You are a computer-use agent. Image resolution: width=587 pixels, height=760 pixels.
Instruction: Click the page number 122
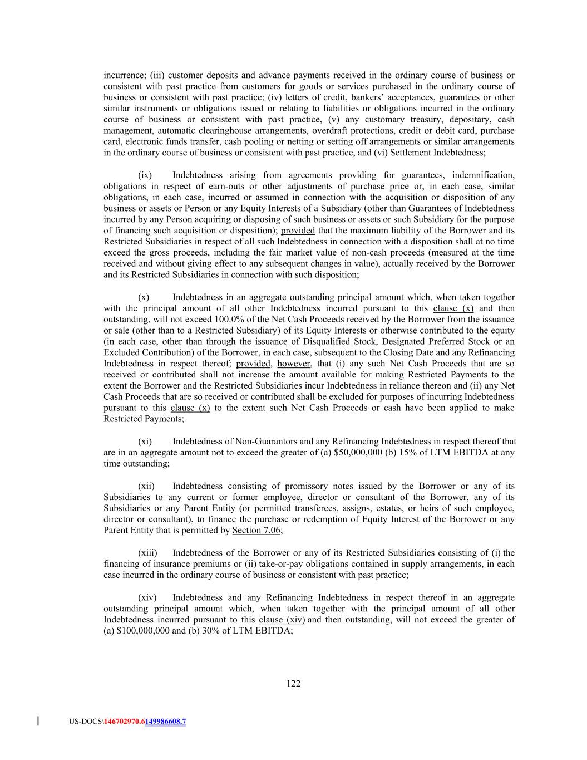tap(293, 684)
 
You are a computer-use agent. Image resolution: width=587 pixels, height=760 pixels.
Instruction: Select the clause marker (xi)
tap(144, 442)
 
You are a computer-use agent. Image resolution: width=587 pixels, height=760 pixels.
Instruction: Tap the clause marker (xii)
tap(146, 486)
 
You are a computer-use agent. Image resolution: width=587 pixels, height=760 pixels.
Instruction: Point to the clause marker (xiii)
tap(147, 553)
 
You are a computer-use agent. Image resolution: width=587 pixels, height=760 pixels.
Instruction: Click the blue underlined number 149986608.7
tap(166, 722)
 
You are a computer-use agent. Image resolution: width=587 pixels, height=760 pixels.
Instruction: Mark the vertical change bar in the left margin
tap(38, 722)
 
